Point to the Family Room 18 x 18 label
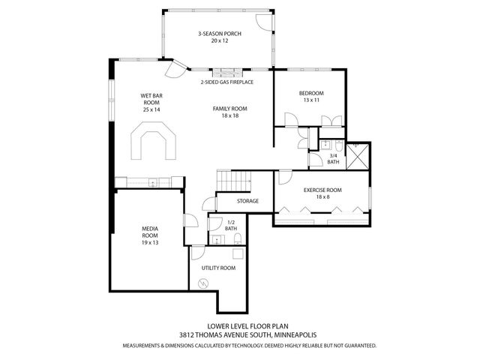[229, 112]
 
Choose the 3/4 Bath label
[333, 158]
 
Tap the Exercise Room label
[322, 194]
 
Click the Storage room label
[247, 201]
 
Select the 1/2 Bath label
[231, 225]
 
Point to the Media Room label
[149, 235]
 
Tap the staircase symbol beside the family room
[232, 181]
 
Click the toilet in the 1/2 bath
[238, 239]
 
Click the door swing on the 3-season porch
[262, 22]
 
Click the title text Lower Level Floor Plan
[239, 326]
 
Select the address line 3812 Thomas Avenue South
[239, 336]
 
